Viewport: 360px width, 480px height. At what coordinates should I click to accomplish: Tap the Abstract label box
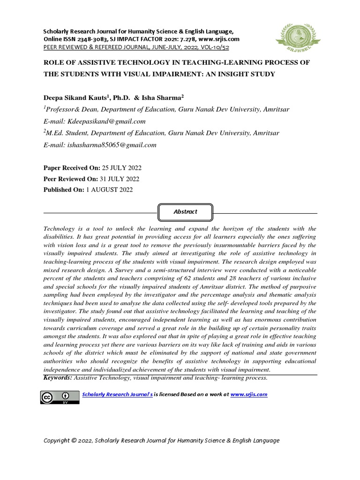coord(186,212)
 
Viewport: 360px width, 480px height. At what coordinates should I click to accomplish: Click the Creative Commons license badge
coord(60,397)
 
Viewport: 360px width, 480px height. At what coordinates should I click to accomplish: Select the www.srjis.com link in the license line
coord(249,395)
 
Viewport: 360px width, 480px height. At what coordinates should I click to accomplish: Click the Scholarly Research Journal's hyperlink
coord(117,395)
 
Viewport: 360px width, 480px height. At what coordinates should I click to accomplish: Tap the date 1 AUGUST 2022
coord(110,190)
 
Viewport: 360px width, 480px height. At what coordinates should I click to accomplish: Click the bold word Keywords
coord(58,378)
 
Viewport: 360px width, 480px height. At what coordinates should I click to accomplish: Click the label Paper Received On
coord(68,168)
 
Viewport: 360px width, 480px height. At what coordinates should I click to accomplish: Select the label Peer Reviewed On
coord(69,179)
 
